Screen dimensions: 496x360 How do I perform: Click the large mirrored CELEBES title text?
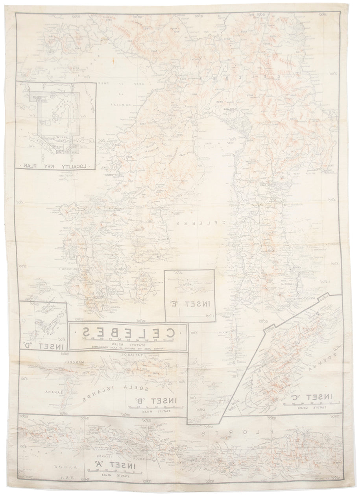point(128,331)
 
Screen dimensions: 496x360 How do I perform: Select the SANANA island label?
point(54,392)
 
